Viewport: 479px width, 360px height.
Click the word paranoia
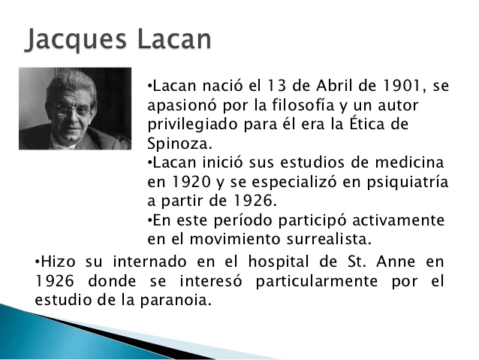(x=179, y=300)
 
